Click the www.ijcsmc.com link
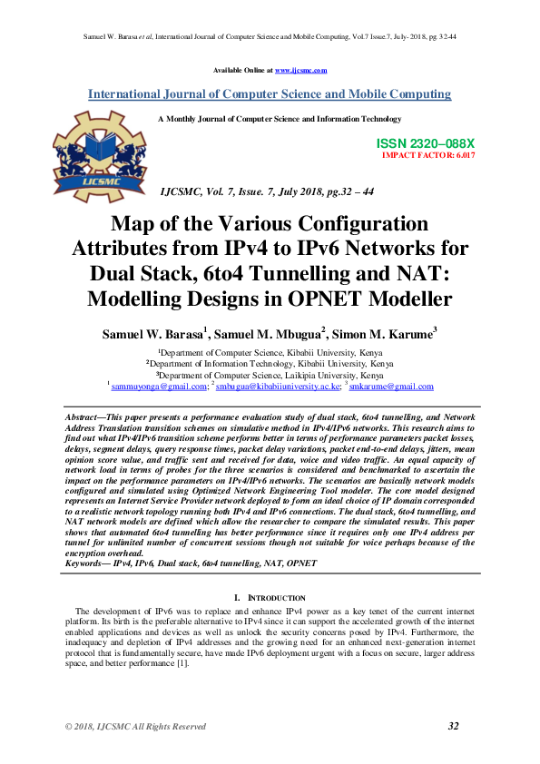pos(300,70)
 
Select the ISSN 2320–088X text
pos(426,144)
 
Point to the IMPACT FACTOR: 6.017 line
pos(428,156)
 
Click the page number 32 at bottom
pos(455,726)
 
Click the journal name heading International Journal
pos(269,94)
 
